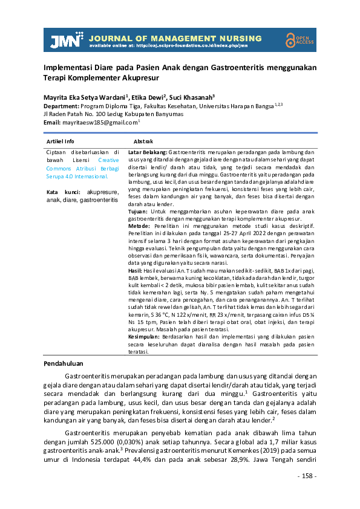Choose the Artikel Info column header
tap(61, 140)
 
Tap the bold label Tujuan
tap(138, 212)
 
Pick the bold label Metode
tap(139, 225)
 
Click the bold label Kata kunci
tap(59, 192)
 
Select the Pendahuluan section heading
tap(67, 364)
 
